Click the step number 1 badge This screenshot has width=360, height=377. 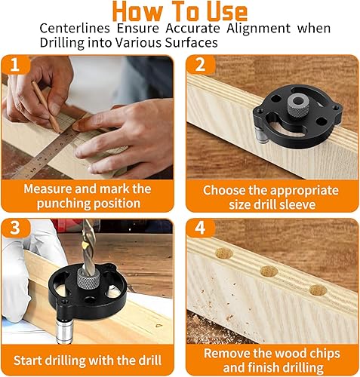15,64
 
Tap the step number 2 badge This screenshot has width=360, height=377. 201,64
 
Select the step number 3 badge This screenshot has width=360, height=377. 15,228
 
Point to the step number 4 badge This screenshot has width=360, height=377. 201,228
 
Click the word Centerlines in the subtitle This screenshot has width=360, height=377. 75,28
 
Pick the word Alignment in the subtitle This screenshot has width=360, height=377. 258,28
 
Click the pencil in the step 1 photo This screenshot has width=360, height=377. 46,106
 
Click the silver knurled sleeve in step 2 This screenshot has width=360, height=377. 298,106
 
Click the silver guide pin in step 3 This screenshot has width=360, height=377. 63,330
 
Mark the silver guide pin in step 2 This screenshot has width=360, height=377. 261,134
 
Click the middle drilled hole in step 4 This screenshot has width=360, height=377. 269,271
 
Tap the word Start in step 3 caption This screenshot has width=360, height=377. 28,360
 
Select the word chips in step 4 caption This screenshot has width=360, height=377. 325,354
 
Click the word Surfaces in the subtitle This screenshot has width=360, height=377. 191,42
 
